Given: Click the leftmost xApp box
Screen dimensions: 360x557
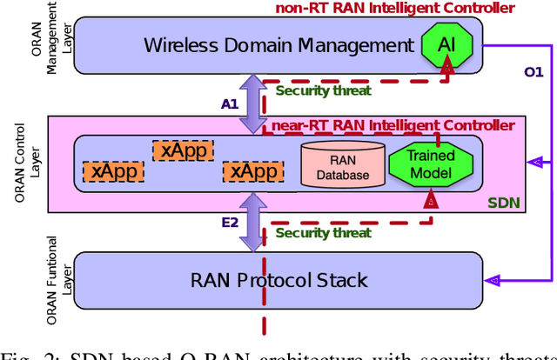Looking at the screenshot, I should (x=111, y=171).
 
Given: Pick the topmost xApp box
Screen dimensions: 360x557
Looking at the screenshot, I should (x=182, y=150).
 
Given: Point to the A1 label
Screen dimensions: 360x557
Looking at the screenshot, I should (x=229, y=103).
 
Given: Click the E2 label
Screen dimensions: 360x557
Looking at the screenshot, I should (x=229, y=223).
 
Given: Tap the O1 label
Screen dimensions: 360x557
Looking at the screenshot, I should (x=532, y=70).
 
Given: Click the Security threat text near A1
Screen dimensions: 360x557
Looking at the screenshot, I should (x=323, y=90).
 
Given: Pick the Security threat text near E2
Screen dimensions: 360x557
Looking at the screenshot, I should (x=323, y=232).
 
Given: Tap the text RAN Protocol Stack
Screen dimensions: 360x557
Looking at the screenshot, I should (x=278, y=280).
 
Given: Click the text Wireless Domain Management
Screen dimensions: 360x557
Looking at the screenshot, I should (x=278, y=44).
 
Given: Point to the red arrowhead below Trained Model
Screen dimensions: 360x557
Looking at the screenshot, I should (x=429, y=201).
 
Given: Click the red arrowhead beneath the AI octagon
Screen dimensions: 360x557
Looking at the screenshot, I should (x=446, y=66).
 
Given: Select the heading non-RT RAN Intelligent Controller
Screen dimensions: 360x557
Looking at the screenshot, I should (x=394, y=8).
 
